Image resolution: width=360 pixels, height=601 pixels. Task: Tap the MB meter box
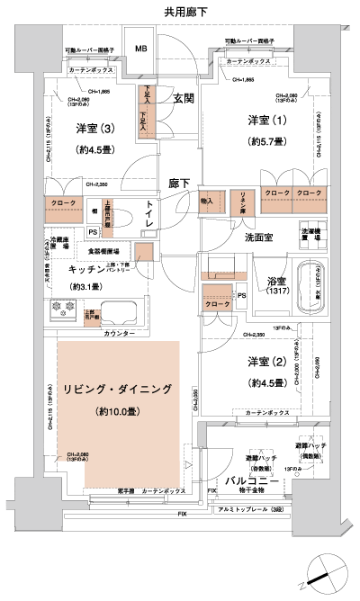(x=141, y=49)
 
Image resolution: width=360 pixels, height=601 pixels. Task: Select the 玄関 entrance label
(x=184, y=100)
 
